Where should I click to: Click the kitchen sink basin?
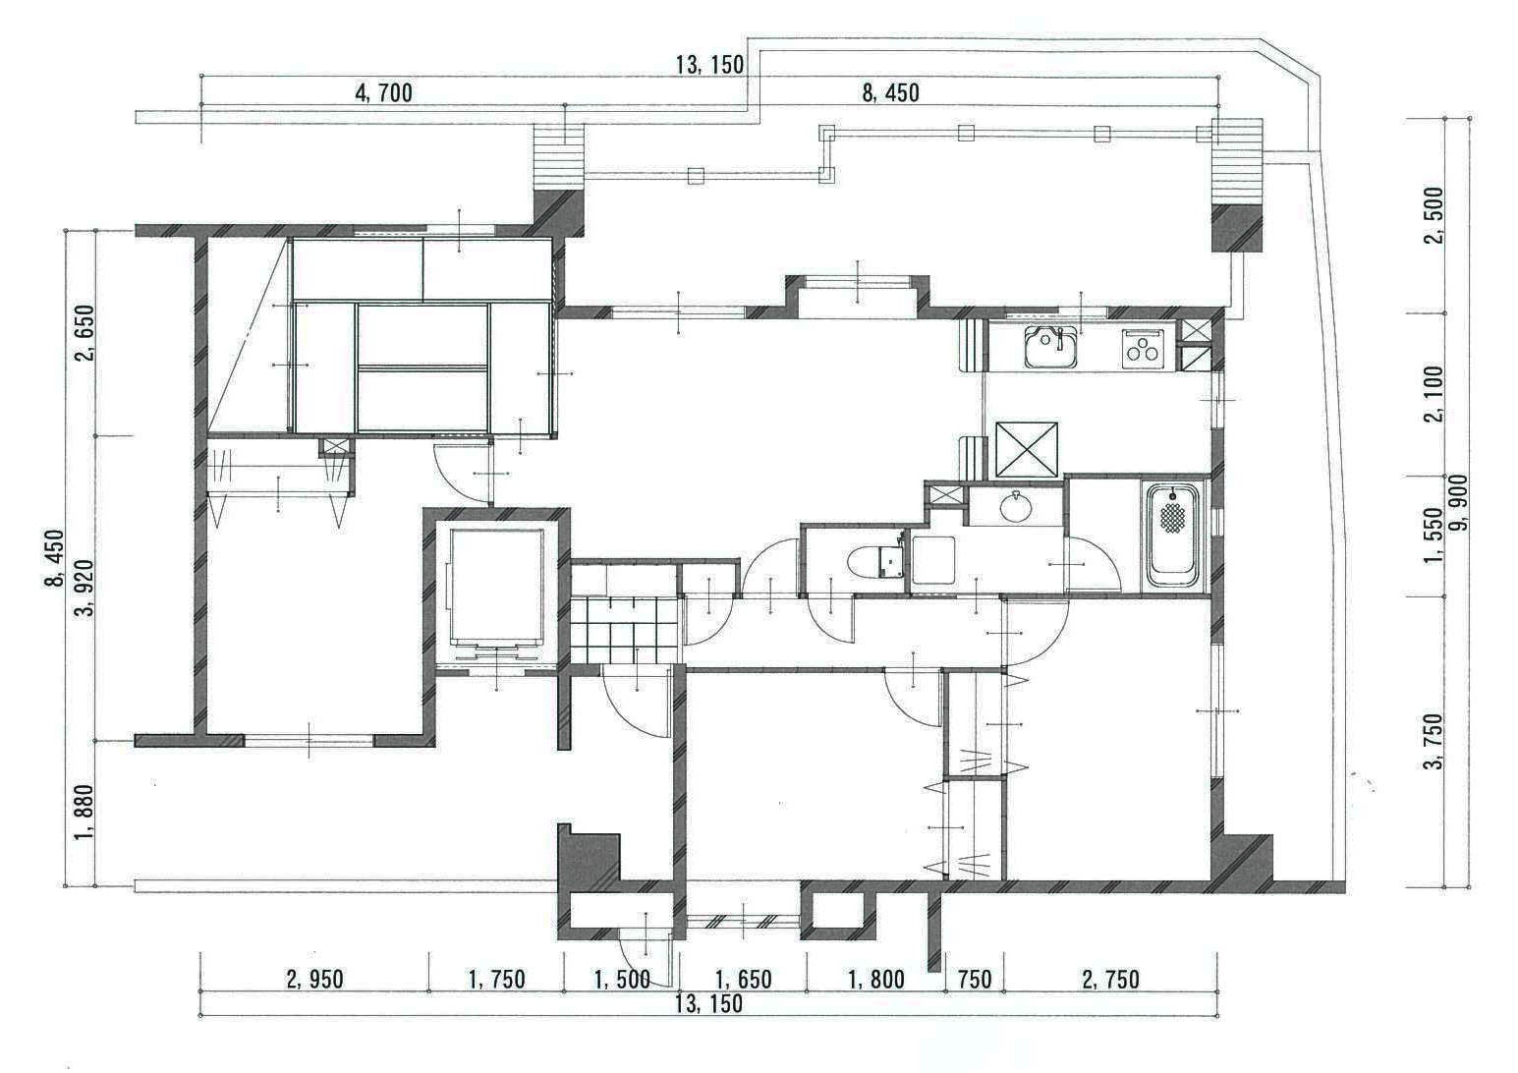(x=1050, y=347)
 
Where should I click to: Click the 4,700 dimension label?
(x=383, y=93)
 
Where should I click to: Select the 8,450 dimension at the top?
(x=890, y=93)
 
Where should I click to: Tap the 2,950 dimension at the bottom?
(x=314, y=980)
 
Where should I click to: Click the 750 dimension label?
(x=976, y=980)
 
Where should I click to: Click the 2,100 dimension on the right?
(x=1434, y=394)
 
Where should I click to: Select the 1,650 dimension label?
(x=744, y=980)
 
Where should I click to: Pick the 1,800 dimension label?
(x=876, y=980)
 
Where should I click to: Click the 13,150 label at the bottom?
(x=708, y=1004)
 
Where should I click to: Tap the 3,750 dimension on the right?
(x=1434, y=741)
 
